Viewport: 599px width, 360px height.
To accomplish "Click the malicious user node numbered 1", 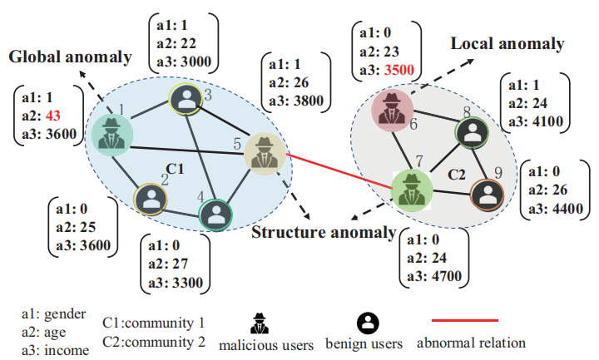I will (x=107, y=135).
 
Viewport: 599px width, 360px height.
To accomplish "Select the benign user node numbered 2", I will (x=151, y=198).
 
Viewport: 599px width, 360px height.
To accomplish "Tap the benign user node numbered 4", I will (x=215, y=214).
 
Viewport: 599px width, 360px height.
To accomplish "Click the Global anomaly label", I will (x=71, y=57).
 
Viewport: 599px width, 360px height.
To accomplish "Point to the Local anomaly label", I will (x=507, y=44).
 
